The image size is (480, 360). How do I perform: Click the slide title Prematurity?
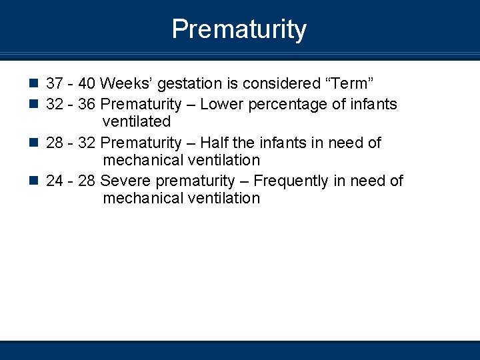pos(239,29)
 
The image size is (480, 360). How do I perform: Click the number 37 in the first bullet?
pos(55,84)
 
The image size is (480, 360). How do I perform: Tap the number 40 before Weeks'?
pos(87,84)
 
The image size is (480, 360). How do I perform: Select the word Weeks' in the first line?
pos(122,84)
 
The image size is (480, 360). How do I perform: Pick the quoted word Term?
pos(348,84)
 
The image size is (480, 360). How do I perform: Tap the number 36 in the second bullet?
pos(87,105)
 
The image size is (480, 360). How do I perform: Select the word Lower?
pos(221,105)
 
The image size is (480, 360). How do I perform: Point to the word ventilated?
pos(137,122)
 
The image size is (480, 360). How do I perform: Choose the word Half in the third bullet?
pos(215,143)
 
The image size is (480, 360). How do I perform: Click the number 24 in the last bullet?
pos(55,181)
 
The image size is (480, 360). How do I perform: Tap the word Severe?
pos(121,181)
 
